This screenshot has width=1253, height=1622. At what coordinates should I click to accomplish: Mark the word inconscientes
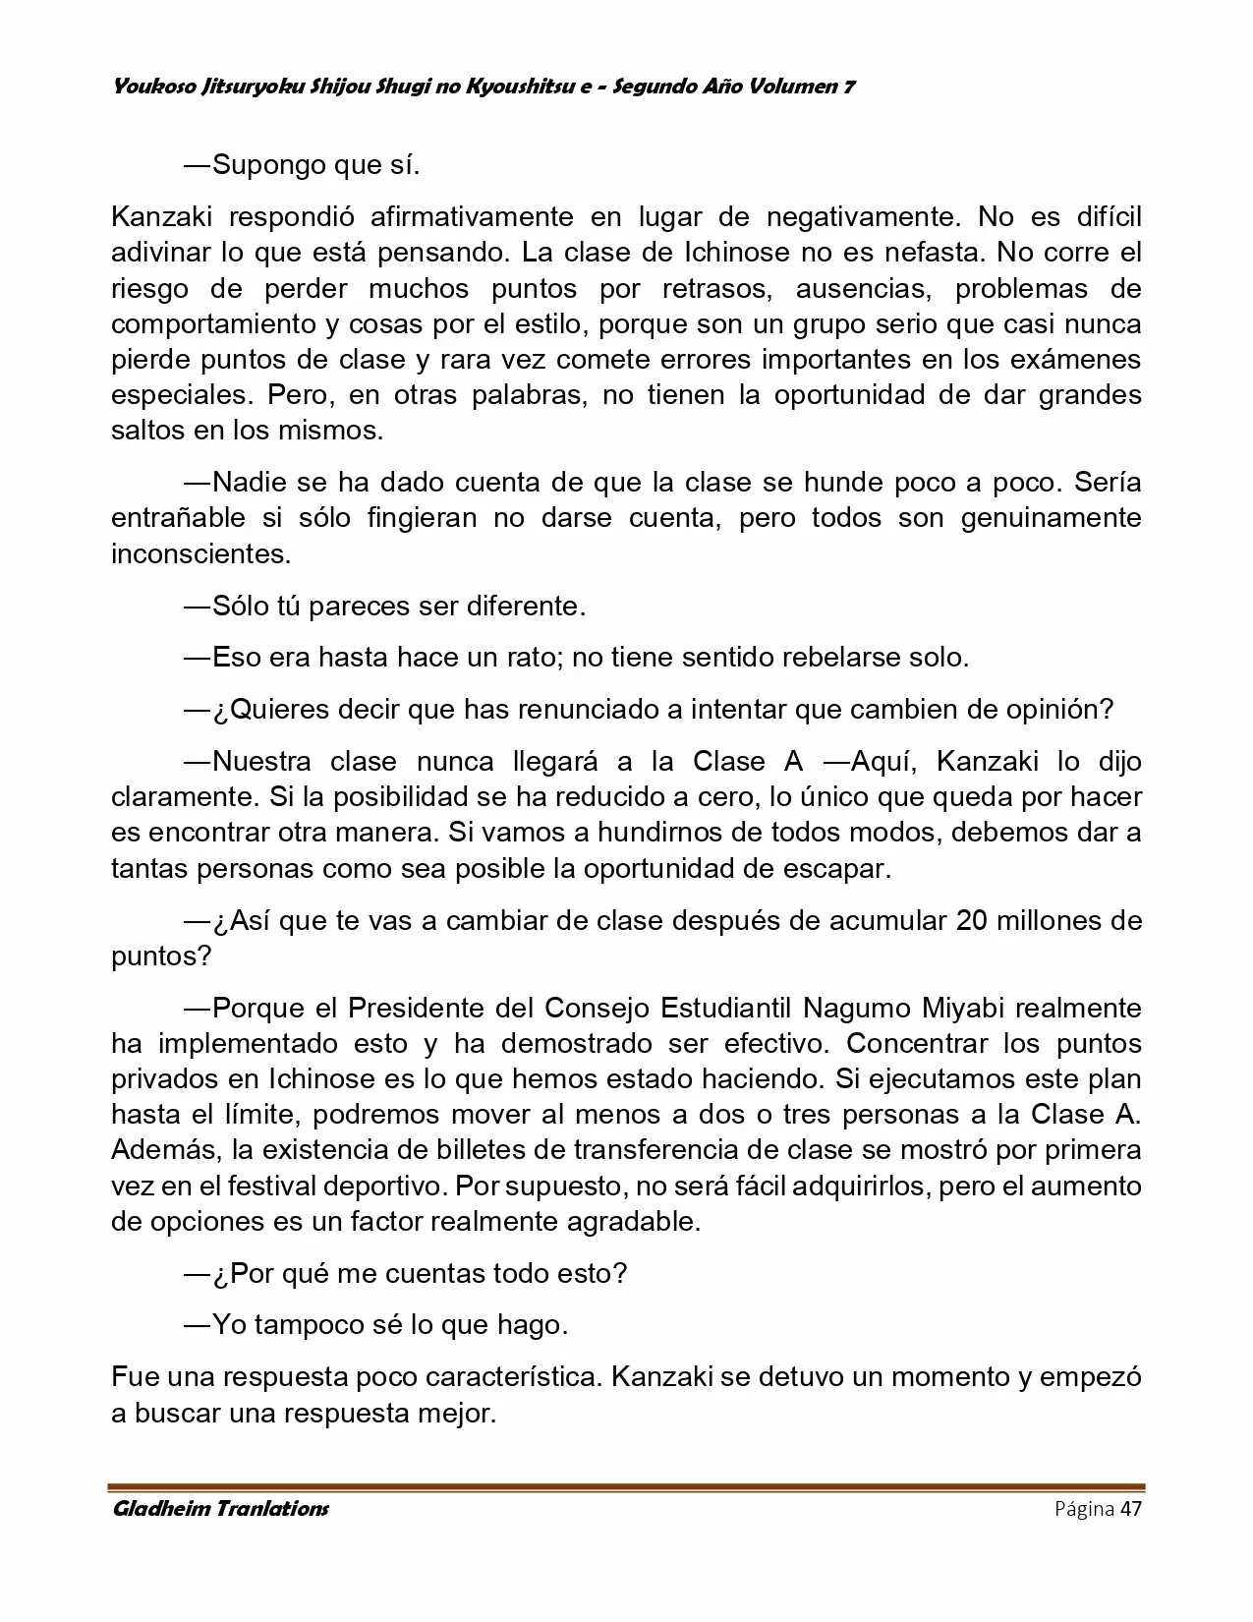(x=200, y=553)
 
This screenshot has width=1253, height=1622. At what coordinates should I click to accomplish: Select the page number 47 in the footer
(x=1130, y=1509)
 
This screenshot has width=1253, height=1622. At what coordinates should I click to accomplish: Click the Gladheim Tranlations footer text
(x=220, y=1508)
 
